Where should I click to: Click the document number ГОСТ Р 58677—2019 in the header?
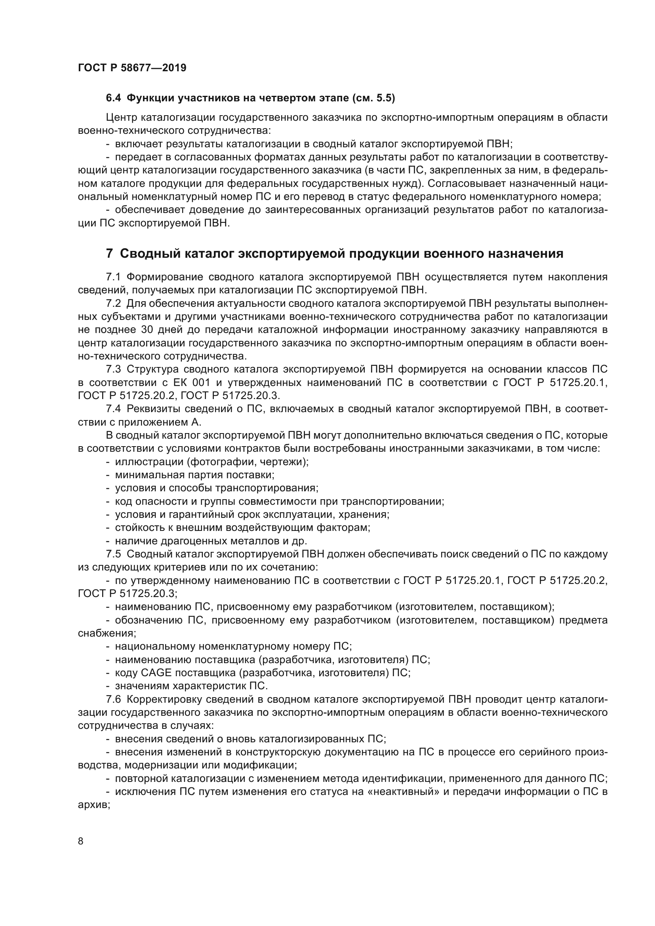point(132,68)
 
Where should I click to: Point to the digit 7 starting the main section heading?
point(109,254)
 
